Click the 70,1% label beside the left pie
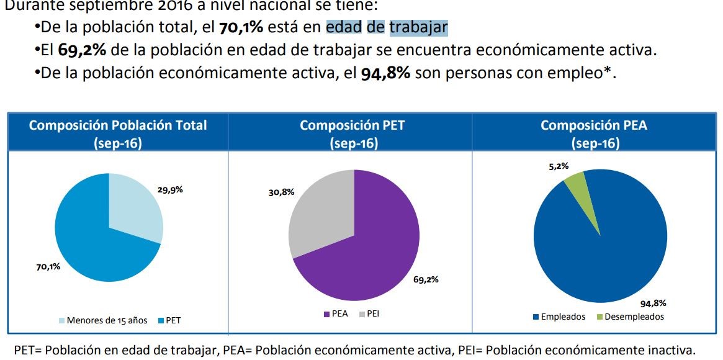(x=48, y=267)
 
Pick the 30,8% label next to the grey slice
(x=281, y=192)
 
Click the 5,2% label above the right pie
(x=558, y=166)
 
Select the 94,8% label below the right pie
(x=653, y=304)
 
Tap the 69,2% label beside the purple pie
(x=426, y=279)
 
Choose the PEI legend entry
(x=372, y=314)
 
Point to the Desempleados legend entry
(x=634, y=317)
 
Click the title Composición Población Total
(x=118, y=125)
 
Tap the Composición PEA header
(x=594, y=125)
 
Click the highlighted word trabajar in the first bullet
(x=418, y=28)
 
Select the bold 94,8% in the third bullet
(x=385, y=73)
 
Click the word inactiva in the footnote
(x=673, y=350)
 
